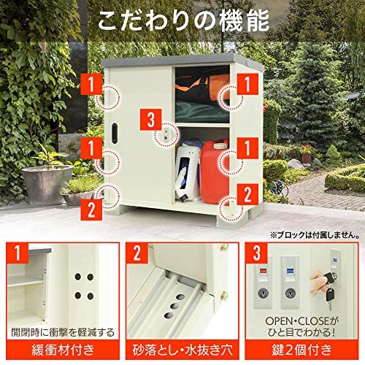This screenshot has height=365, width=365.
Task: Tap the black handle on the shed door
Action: (x=114, y=134)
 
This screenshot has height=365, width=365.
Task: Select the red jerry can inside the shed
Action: (x=214, y=172)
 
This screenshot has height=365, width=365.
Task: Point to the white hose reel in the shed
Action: (x=188, y=173)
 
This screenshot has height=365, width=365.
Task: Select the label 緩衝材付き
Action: (x=63, y=350)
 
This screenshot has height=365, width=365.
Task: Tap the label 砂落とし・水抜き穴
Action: (x=182, y=350)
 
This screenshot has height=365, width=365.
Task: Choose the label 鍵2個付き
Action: (x=301, y=350)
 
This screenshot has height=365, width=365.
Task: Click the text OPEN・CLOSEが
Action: (x=301, y=321)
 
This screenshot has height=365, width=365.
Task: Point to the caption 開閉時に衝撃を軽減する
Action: (x=63, y=332)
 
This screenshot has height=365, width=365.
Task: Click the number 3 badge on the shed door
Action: (x=151, y=119)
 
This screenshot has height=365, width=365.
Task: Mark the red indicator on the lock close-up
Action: (x=263, y=271)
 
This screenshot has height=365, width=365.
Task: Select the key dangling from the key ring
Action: (x=330, y=298)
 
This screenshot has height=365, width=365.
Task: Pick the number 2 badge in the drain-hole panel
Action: (x=137, y=253)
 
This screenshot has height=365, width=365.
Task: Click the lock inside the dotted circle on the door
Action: (x=166, y=135)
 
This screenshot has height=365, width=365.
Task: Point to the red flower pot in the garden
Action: (x=307, y=156)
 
